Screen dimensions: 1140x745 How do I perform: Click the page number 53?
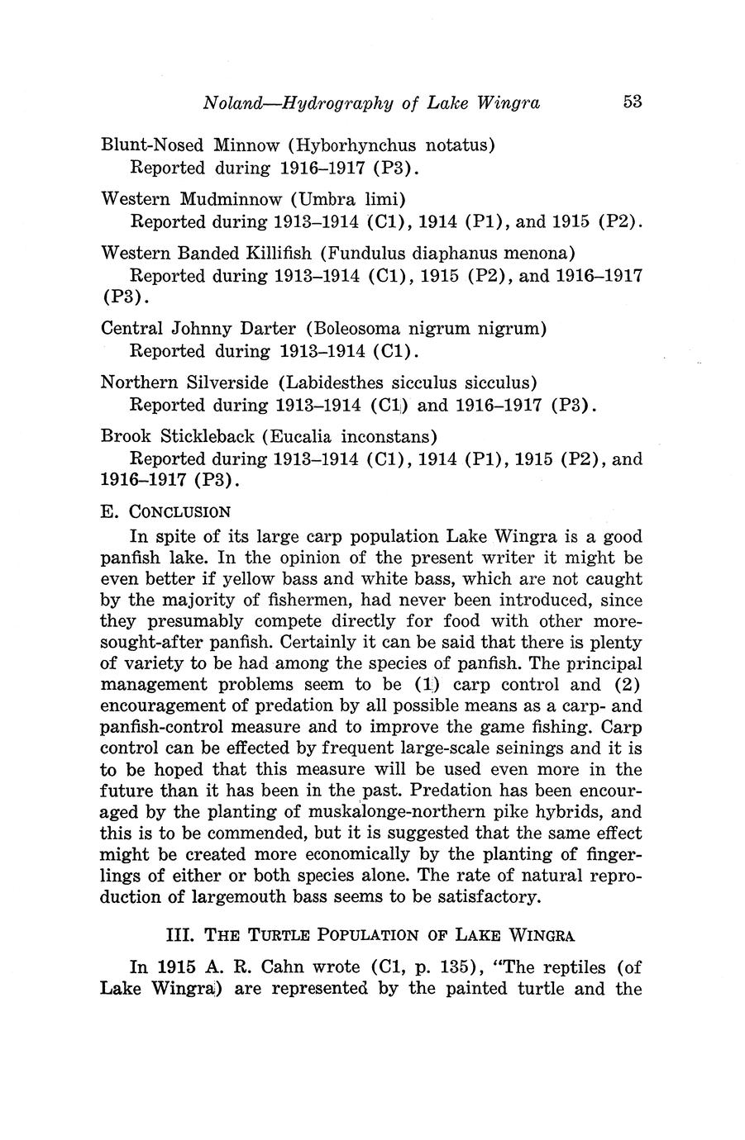633,102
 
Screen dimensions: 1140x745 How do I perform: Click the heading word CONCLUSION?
179,512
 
